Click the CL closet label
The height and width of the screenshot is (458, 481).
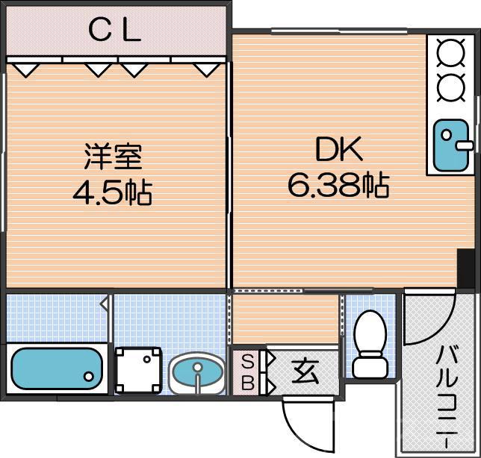pos(114,31)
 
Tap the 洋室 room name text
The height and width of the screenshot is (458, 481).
pos(112,157)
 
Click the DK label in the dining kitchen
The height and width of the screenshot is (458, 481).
pos(338,150)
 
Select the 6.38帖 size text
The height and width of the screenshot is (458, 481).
pos(338,185)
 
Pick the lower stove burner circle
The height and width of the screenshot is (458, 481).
pos(450,88)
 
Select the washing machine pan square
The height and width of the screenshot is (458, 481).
pos(138,369)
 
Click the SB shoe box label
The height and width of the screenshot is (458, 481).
pos(246,371)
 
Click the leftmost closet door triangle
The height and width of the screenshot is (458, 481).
pos(27,69)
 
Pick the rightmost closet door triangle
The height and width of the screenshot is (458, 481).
pos(205,69)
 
